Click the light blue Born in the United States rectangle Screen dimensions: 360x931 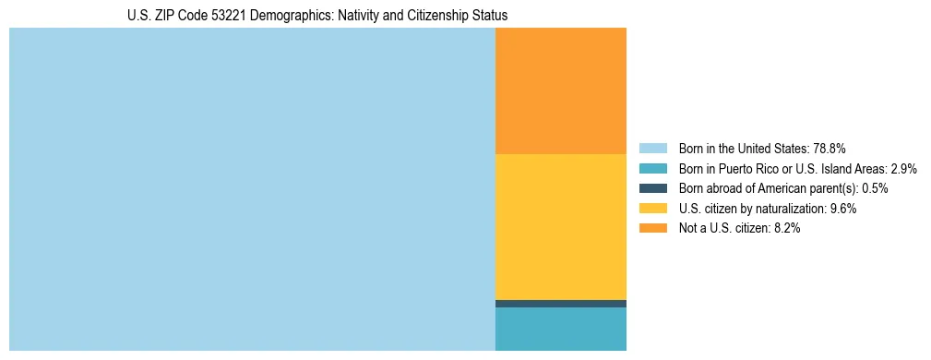(252, 189)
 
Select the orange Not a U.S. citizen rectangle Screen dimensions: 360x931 (561, 90)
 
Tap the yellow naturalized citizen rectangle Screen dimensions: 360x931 (561, 226)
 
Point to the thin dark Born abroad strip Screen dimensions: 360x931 (561, 304)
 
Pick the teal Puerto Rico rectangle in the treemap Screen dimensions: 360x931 (561, 329)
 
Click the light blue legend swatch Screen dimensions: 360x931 (652, 148)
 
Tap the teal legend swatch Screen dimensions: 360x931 (652, 168)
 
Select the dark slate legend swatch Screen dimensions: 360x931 (652, 188)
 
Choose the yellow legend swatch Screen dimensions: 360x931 (652, 209)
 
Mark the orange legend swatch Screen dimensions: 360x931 (652, 229)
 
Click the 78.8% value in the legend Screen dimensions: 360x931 (830, 148)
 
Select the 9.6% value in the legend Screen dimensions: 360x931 (844, 209)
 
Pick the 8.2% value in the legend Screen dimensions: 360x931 (785, 229)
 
